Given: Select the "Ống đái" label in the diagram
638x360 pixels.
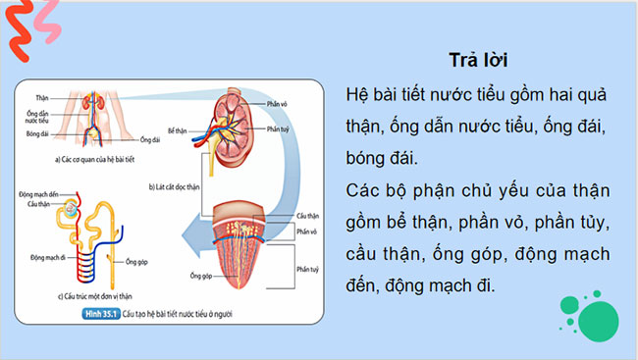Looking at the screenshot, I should [150, 139].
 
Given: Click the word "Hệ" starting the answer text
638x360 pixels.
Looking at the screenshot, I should [358, 96].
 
